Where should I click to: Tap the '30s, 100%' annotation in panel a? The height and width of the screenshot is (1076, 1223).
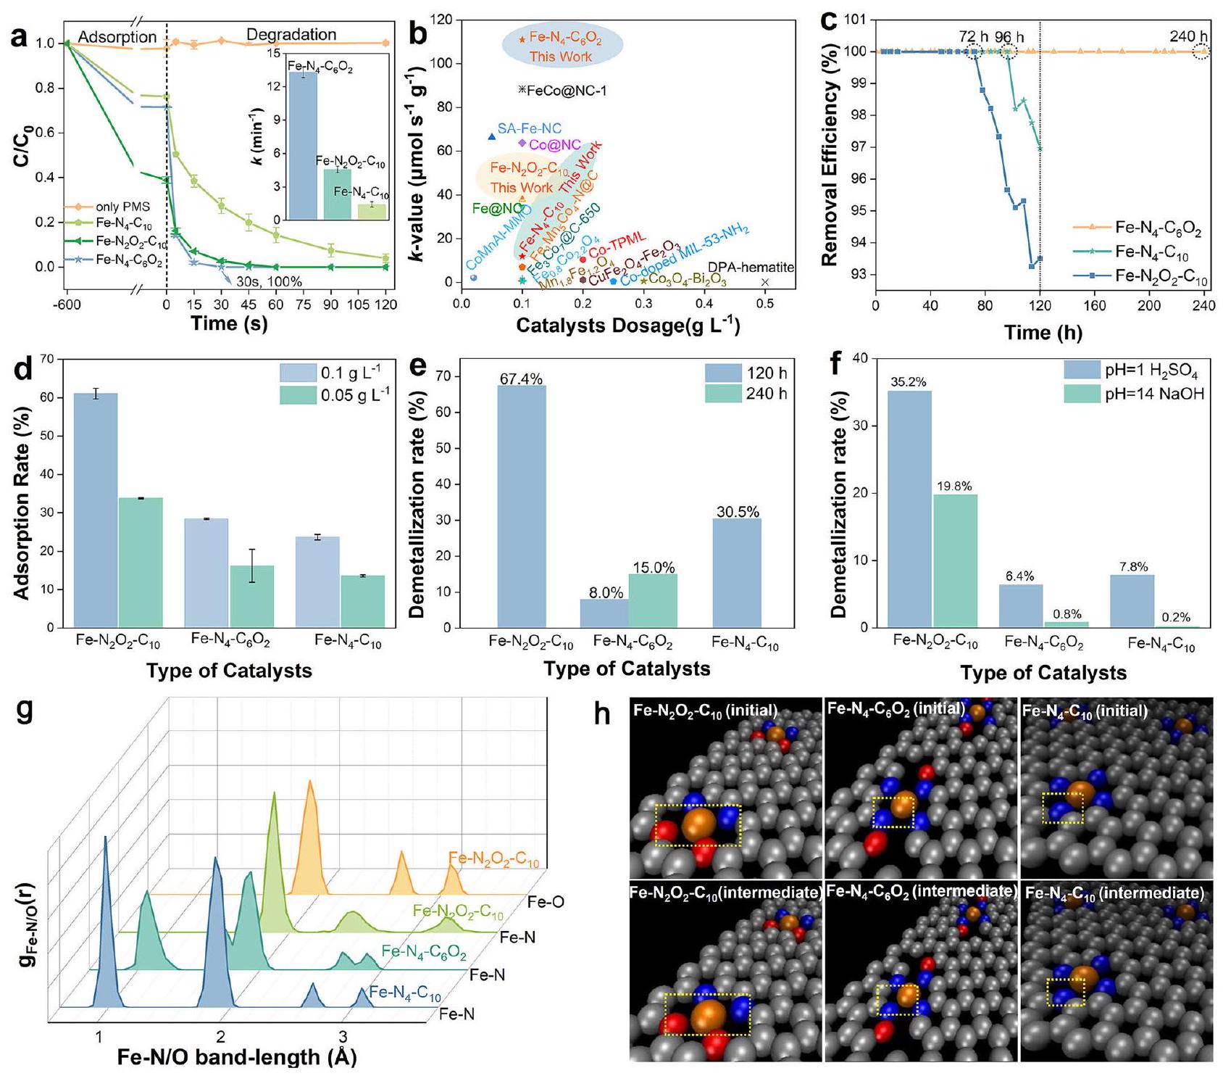pos(269,283)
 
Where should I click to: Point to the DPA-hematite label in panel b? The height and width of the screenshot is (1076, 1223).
pos(751,268)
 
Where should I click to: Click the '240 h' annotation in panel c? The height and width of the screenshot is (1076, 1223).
pos(1188,37)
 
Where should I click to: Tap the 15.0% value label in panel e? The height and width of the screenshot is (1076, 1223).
pos(653,568)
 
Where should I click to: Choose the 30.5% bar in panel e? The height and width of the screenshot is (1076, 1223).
pos(738,573)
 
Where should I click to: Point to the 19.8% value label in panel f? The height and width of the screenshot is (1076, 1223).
pos(953,487)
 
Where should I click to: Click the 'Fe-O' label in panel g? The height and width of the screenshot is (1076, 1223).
pos(546,902)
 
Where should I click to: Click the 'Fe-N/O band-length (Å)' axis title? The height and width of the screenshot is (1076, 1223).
pos(237,1056)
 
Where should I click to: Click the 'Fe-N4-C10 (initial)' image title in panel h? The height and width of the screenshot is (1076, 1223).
pos(1085,711)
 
